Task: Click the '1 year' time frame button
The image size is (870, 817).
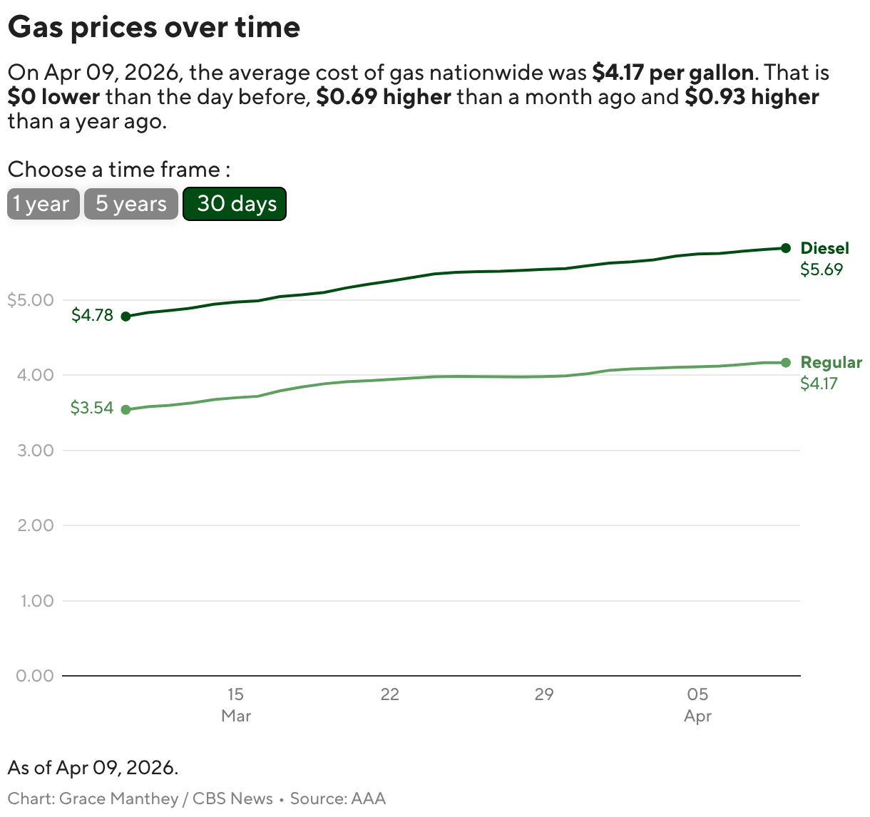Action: click(x=43, y=204)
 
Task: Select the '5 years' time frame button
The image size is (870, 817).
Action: click(x=130, y=204)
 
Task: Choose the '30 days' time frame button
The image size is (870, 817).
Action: click(x=235, y=204)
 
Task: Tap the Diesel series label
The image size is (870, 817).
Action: click(x=824, y=248)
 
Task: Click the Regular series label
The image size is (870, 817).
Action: click(x=831, y=362)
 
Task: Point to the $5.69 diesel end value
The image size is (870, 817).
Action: click(x=821, y=269)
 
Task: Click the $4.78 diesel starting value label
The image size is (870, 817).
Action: click(x=92, y=315)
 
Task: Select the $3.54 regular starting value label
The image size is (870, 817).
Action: click(x=92, y=408)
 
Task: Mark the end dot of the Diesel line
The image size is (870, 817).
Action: click(x=786, y=248)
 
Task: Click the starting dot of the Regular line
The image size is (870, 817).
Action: click(x=126, y=409)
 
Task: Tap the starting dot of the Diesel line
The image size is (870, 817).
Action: click(x=126, y=317)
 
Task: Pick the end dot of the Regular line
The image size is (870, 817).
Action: click(x=786, y=363)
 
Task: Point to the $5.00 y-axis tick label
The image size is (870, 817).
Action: click(x=31, y=300)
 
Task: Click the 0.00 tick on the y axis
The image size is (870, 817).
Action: click(x=35, y=676)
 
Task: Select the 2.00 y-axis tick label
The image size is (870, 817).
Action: click(x=35, y=525)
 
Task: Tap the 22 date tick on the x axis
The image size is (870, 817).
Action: click(x=389, y=694)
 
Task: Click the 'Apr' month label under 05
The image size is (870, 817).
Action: click(x=697, y=716)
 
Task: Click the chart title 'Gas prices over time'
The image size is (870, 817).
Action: click(x=154, y=27)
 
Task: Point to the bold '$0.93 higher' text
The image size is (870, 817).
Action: click(x=752, y=97)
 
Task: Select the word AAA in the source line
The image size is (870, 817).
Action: click(x=368, y=798)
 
